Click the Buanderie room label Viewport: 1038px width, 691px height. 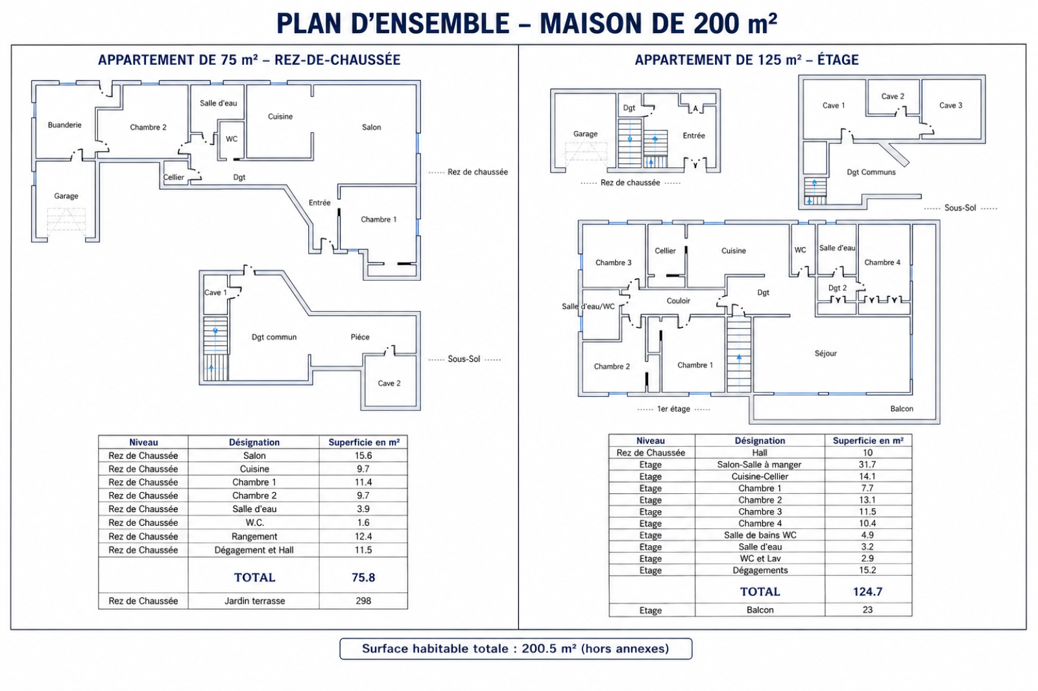coord(64,125)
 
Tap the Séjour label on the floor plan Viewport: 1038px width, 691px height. coord(826,353)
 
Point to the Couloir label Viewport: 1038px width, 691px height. coord(679,301)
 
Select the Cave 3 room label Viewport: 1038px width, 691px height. coord(951,105)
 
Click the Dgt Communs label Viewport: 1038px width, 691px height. coord(871,172)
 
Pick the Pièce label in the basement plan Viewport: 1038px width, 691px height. coord(360,337)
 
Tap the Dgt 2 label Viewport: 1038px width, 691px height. coord(838,288)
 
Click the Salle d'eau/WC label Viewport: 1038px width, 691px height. coord(588,307)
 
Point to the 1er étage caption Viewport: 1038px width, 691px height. coord(674,409)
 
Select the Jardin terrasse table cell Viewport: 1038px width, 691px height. coord(254,601)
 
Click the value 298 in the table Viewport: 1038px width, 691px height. coord(363,601)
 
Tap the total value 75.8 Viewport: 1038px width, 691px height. coord(363,578)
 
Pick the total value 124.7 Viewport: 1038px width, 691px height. coord(867,592)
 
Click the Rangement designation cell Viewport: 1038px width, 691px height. coord(254,537)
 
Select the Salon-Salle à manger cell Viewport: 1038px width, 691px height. coord(760,465)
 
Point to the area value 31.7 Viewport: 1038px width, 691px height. coord(867,465)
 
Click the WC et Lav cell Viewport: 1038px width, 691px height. coord(760,559)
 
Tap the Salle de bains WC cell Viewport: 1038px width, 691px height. coord(760,535)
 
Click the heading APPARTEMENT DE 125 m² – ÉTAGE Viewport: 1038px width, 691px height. coord(747,60)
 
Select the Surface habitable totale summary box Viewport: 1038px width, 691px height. coord(516,649)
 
